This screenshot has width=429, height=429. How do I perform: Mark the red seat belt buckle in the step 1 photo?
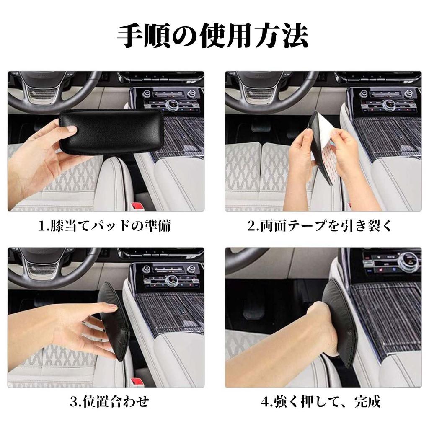(x=137, y=206)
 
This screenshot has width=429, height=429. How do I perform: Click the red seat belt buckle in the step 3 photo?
(x=137, y=382)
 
